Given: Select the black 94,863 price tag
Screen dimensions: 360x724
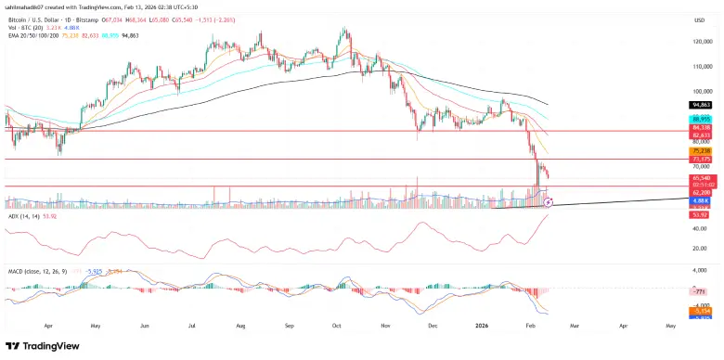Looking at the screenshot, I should click(x=700, y=105).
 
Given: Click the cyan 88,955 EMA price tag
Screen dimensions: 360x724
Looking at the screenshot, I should click(x=700, y=120).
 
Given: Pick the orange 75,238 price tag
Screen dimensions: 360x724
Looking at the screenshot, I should click(x=700, y=150).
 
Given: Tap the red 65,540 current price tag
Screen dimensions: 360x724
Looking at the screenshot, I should click(x=700, y=177).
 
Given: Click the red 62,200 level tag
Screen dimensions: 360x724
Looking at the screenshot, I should click(x=700, y=192).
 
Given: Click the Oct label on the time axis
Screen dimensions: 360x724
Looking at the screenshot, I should click(x=336, y=326).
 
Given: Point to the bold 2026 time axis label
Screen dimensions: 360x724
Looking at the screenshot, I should click(x=483, y=326).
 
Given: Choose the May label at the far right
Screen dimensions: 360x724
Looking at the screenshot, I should click(x=670, y=326).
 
